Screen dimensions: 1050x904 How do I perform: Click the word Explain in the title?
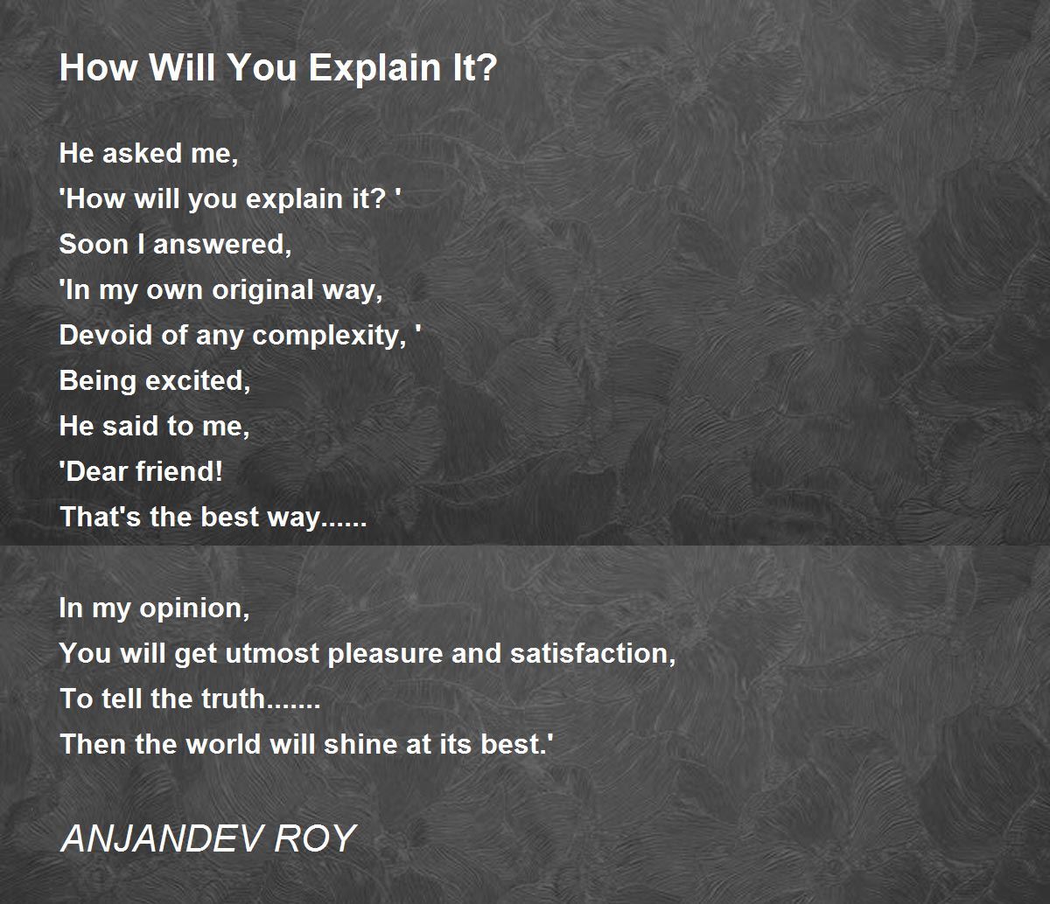tap(374, 68)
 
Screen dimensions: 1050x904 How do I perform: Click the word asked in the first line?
tap(143, 153)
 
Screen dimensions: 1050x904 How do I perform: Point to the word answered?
tap(222, 245)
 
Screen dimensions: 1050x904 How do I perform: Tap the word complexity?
tap(329, 337)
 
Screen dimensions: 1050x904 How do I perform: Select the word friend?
tap(178, 471)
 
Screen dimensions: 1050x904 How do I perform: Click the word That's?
tap(101, 517)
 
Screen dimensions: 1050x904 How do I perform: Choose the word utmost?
tap(272, 653)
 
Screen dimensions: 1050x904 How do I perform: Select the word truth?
tap(233, 699)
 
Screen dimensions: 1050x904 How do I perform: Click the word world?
tap(224, 744)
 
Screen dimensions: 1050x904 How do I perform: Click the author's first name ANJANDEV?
tap(163, 838)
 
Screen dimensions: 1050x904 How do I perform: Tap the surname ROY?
tap(315, 838)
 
